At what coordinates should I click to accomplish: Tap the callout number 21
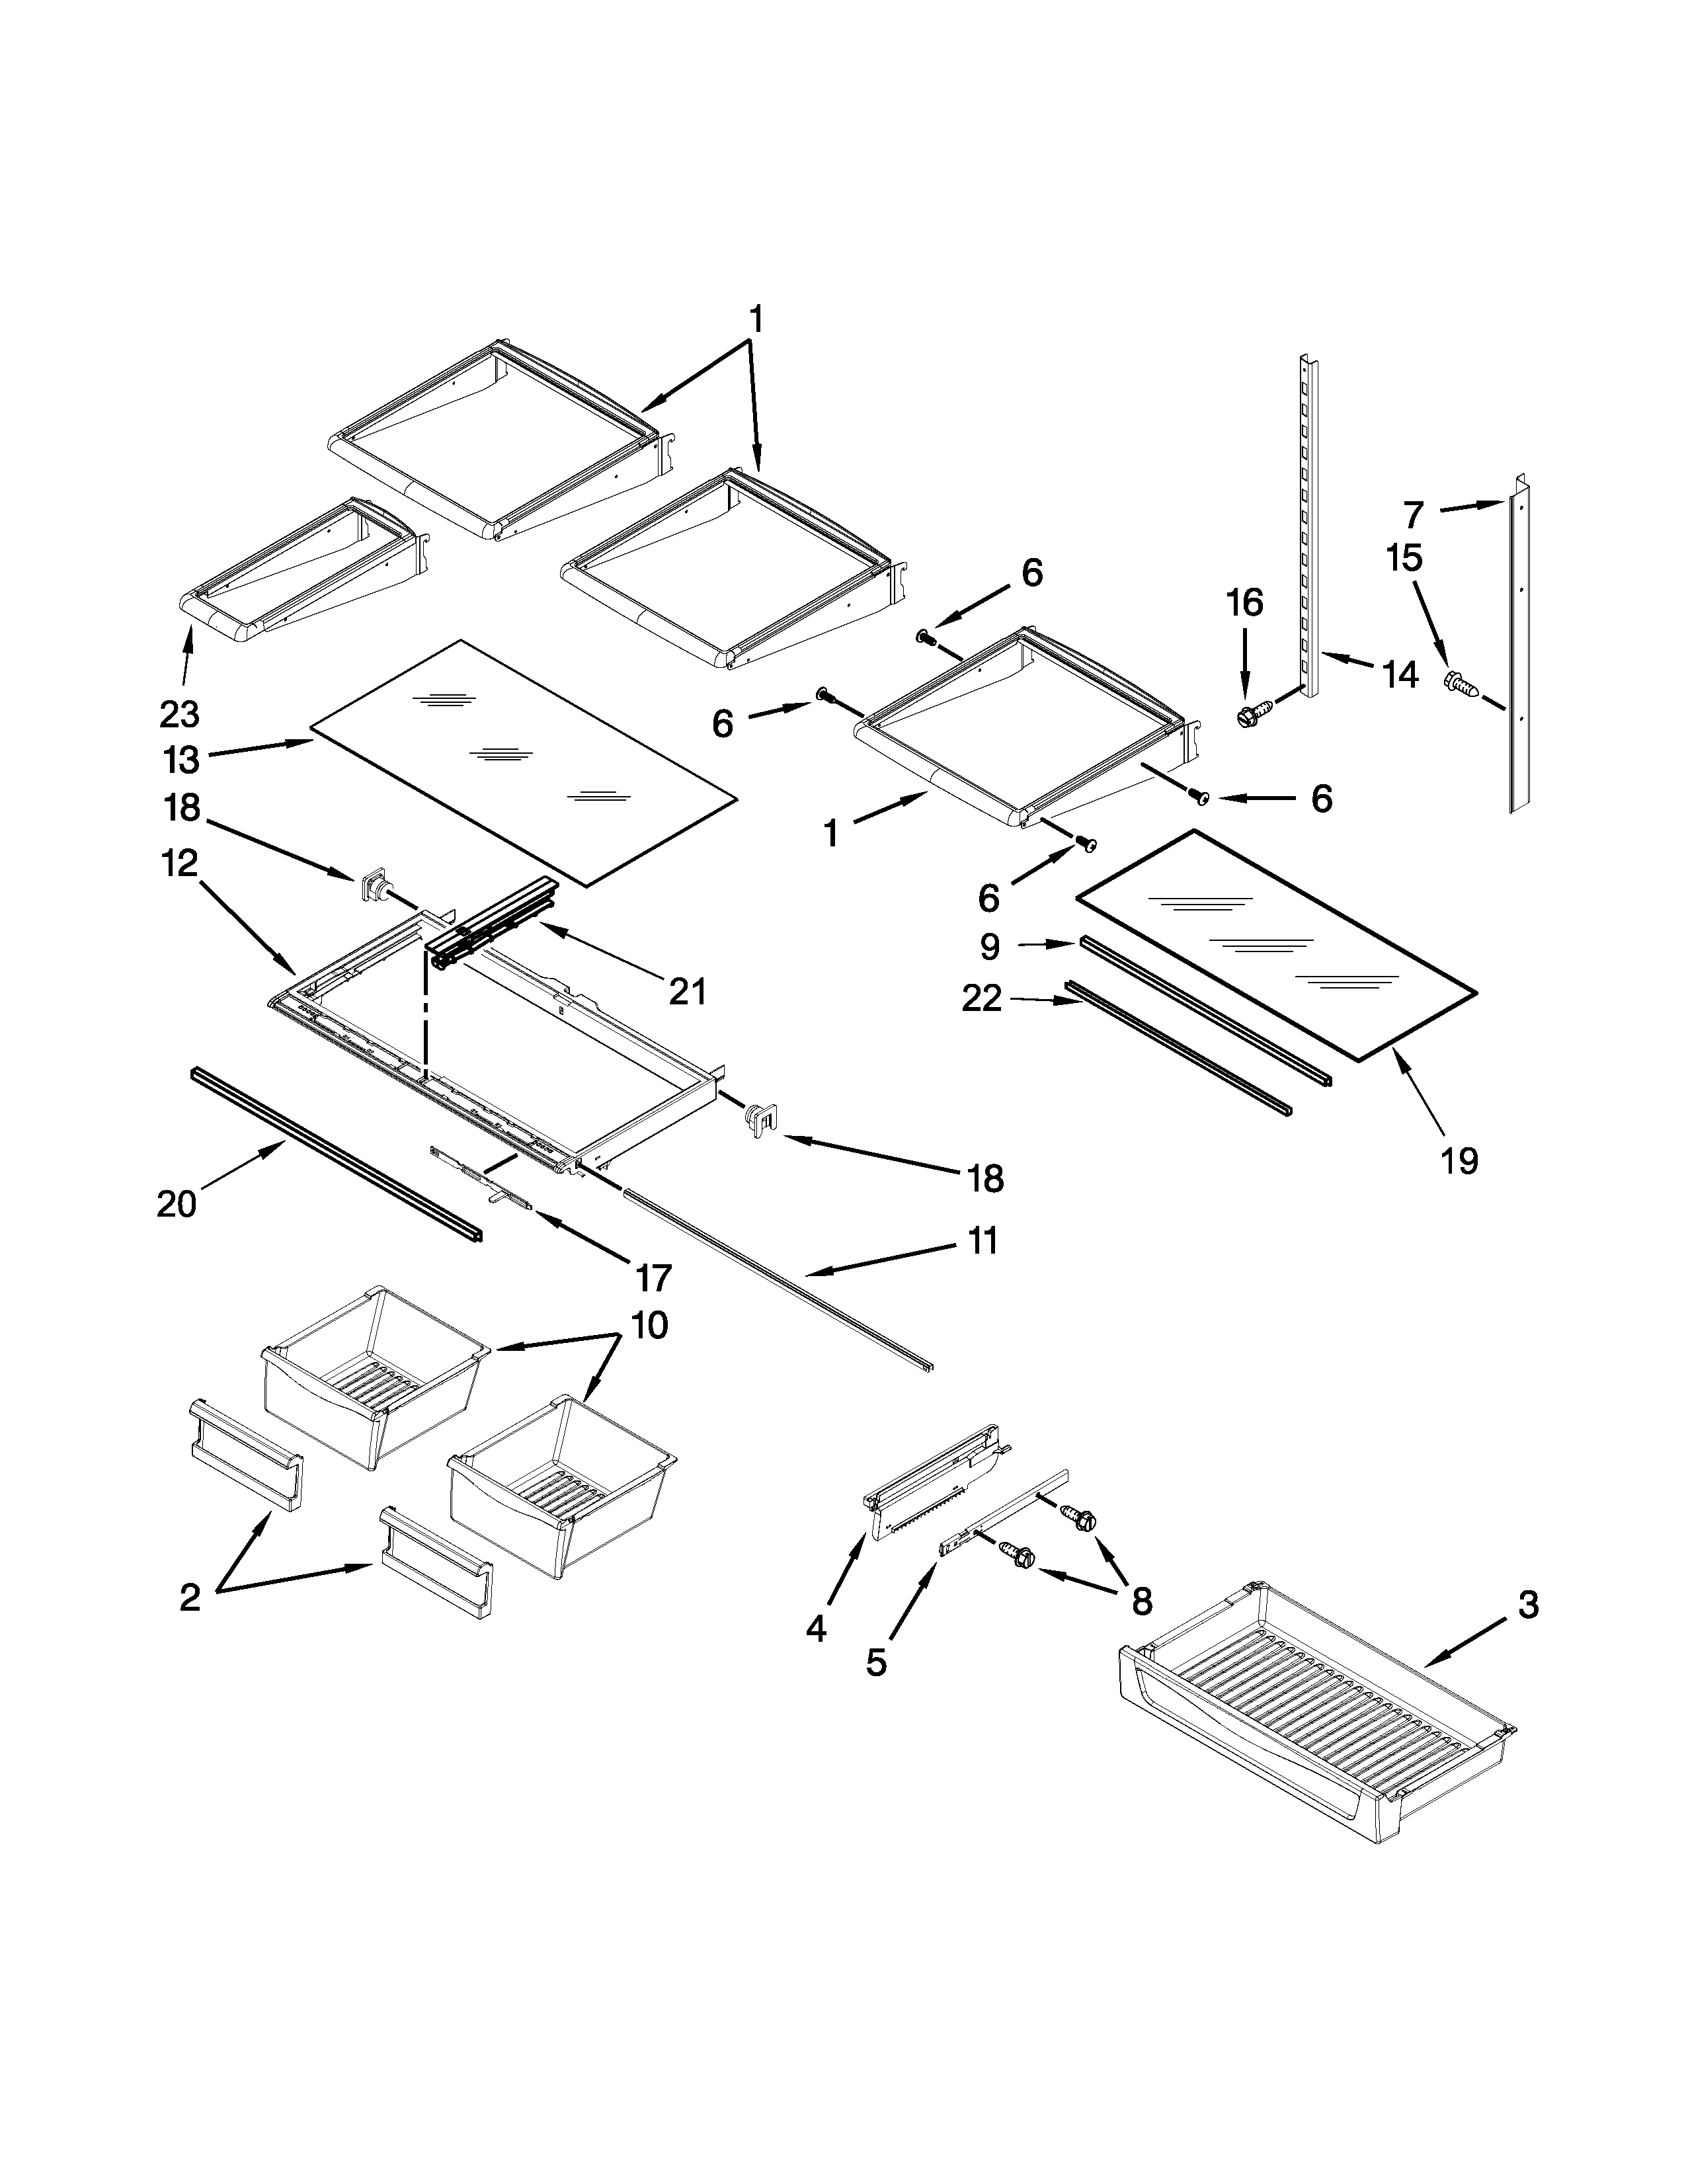(687, 991)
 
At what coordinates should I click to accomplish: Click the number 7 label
(1412, 514)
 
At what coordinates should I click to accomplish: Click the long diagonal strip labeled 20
(335, 1154)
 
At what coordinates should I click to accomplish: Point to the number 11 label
(983, 1241)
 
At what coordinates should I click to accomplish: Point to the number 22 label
(982, 997)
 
